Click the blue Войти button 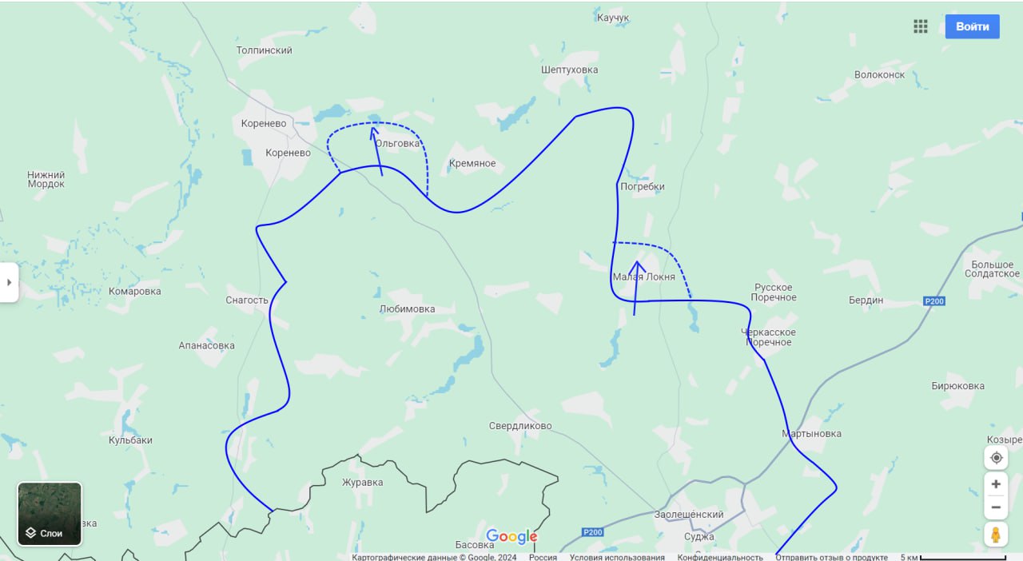click(x=972, y=26)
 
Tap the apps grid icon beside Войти click(x=920, y=26)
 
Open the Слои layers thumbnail click(x=50, y=514)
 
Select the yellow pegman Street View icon click(x=995, y=534)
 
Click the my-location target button click(x=996, y=458)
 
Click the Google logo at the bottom click(x=511, y=536)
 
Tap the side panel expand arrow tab click(x=9, y=282)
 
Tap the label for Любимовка click(x=407, y=309)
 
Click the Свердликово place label click(x=520, y=426)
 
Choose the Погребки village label click(x=643, y=187)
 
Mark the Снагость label click(x=247, y=300)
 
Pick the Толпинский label click(x=265, y=50)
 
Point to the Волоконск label click(x=879, y=75)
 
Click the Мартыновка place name click(x=811, y=434)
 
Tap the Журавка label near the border click(x=362, y=483)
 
